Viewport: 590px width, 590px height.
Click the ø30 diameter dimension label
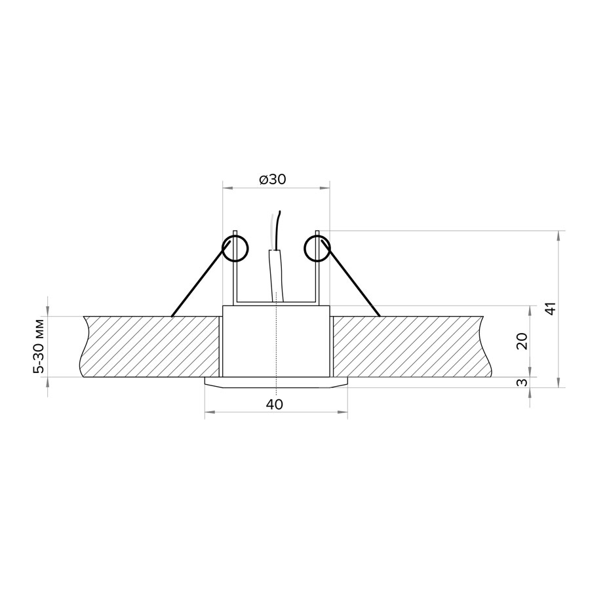273,180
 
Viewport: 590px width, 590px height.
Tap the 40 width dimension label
274,404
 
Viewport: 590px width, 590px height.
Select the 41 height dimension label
550,309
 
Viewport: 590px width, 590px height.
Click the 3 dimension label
522,383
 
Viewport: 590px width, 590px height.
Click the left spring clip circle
235,248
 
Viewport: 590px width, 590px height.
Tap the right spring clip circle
317,248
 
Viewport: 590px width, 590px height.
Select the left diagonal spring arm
201,279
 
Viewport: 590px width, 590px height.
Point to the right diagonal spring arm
351,279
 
